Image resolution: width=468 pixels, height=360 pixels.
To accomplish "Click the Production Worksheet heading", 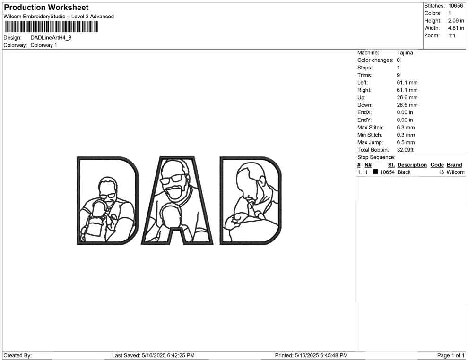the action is click(x=46, y=8).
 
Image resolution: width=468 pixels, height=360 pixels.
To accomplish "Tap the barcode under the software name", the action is click(x=51, y=27).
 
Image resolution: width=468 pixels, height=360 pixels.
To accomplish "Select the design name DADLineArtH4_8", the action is click(x=51, y=38).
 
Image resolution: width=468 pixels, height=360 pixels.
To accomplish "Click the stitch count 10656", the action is click(x=455, y=6).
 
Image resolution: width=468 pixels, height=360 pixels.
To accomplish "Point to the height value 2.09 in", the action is click(x=456, y=21).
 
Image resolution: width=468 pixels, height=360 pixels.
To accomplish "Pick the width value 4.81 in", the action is click(x=456, y=28).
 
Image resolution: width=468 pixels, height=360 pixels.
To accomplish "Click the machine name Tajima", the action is click(x=405, y=53).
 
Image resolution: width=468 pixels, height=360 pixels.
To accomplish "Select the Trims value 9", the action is click(x=399, y=75).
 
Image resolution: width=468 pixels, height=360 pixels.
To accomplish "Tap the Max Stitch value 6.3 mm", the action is click(x=406, y=128).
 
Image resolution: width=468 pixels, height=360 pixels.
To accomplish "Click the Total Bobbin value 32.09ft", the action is click(x=405, y=150).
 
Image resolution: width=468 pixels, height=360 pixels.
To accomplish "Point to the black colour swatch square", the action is click(x=376, y=171).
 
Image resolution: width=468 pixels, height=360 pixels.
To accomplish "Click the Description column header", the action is click(x=412, y=165).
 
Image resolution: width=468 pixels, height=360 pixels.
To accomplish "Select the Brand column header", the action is click(x=454, y=165).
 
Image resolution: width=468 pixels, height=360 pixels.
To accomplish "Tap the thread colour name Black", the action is click(x=404, y=172).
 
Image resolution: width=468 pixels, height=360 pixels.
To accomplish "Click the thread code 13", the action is click(x=441, y=172).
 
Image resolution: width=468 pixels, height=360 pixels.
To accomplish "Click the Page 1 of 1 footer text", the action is click(x=451, y=356).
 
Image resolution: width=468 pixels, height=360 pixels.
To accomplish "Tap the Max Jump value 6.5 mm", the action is click(x=406, y=142).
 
